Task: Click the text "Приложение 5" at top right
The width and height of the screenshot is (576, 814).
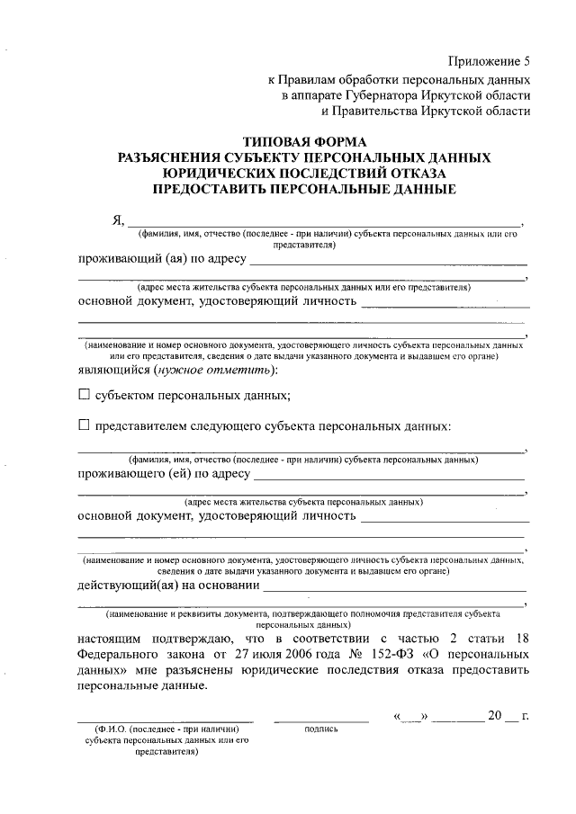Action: (x=490, y=61)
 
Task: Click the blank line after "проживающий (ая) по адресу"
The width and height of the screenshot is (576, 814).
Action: (x=388, y=262)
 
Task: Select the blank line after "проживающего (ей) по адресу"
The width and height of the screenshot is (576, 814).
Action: (x=388, y=477)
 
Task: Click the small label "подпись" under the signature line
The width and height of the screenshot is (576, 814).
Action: (x=321, y=729)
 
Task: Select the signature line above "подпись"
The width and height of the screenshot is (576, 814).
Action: (x=321, y=720)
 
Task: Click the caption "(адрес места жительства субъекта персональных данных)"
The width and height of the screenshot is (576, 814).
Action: (x=303, y=501)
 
